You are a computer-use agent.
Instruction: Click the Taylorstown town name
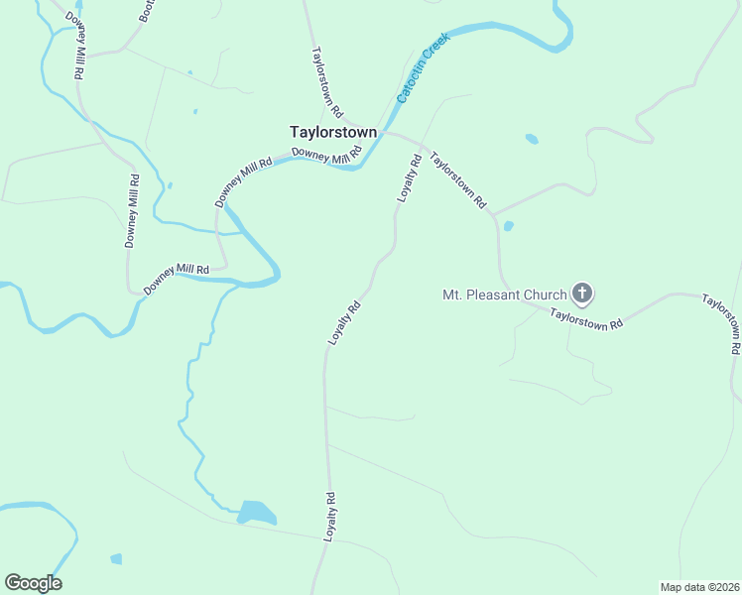click(332, 131)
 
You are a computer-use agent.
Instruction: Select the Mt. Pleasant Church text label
click(504, 295)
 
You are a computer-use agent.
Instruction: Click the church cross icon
click(582, 294)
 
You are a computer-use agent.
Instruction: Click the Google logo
click(33, 582)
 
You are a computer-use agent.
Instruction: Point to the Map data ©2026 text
click(699, 587)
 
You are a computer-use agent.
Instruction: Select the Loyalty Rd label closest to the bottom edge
click(330, 516)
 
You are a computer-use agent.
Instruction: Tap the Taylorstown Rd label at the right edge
click(721, 323)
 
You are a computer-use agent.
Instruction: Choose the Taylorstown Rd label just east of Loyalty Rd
click(457, 178)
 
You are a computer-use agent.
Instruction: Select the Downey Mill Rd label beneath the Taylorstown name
click(327, 155)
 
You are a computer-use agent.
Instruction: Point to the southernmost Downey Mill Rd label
click(177, 277)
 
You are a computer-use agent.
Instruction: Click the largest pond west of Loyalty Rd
click(256, 513)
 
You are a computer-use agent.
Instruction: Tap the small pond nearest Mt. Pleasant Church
click(509, 226)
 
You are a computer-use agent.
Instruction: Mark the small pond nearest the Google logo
click(116, 558)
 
